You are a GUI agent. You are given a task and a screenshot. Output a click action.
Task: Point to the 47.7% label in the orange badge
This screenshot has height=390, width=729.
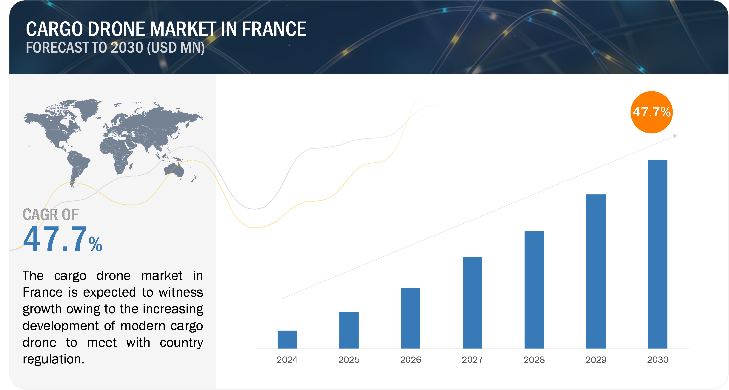click(651, 112)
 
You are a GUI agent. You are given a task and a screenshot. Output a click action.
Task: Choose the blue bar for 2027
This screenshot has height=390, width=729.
click(493, 303)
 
